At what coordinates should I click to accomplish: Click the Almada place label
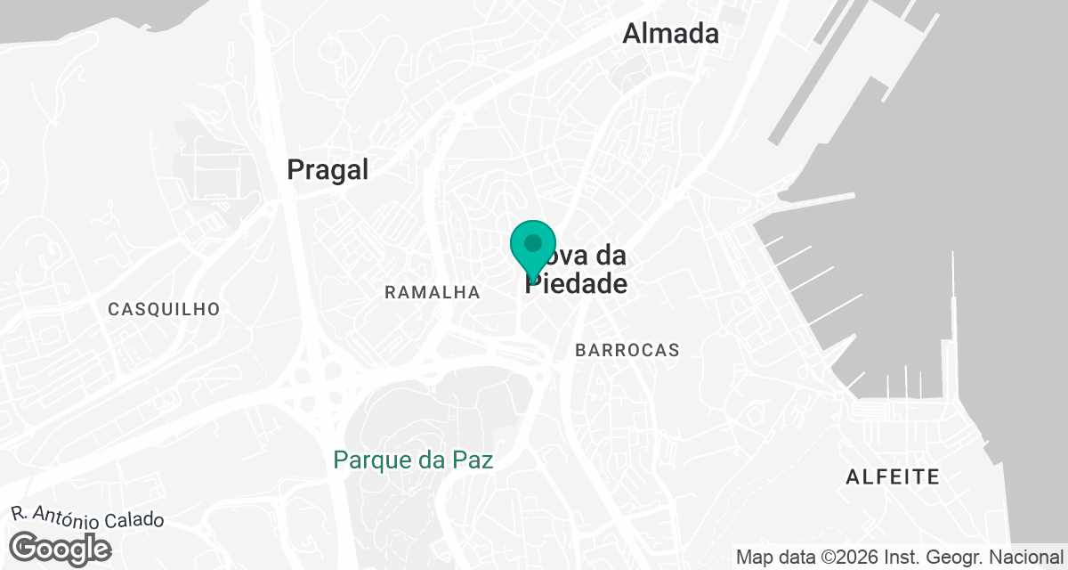tap(670, 34)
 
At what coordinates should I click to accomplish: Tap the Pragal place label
tap(328, 170)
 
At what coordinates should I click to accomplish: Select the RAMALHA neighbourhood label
tap(433, 292)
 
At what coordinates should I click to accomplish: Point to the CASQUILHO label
tap(164, 309)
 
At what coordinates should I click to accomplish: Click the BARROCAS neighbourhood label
tap(627, 350)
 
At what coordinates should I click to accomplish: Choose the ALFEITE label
tap(893, 477)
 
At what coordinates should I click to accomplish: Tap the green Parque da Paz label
tap(413, 460)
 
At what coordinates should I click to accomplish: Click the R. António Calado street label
tap(88, 517)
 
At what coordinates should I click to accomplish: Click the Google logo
tap(61, 548)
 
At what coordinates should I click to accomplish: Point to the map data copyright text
tap(900, 558)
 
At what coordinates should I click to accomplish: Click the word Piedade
tap(577, 284)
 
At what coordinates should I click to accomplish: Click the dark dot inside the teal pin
tap(533, 242)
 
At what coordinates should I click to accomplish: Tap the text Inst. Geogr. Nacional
tap(981, 558)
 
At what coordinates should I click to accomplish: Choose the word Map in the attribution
tap(753, 558)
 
